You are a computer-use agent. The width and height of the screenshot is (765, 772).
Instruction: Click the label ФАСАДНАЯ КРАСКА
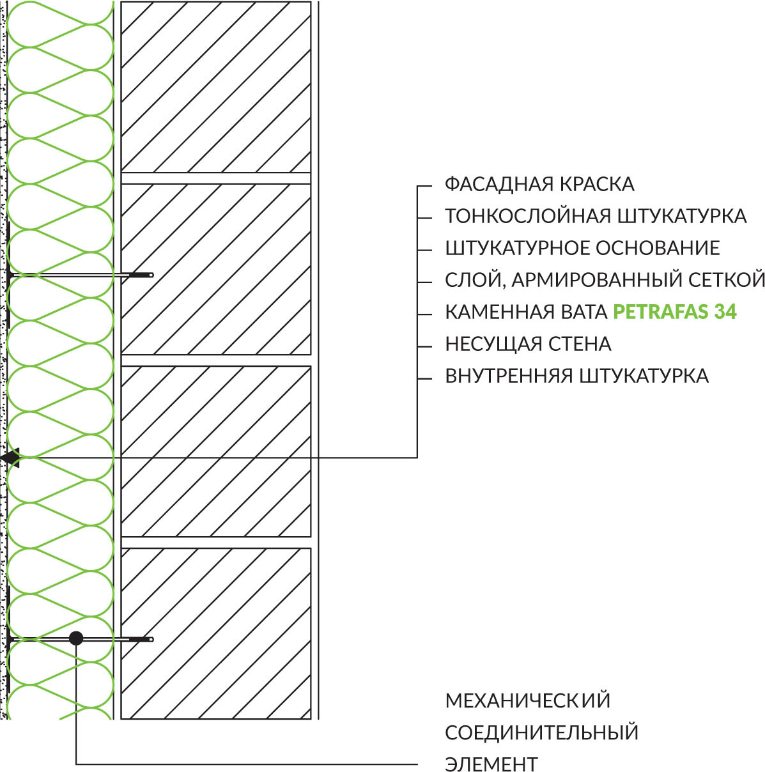539,184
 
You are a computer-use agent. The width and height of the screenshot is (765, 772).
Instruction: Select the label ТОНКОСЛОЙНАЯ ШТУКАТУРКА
596,217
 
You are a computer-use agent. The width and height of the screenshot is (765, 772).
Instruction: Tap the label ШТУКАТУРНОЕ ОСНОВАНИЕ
583,248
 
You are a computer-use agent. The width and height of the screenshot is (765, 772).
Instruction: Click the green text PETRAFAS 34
675,312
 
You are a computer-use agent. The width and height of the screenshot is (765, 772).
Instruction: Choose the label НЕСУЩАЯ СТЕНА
528,344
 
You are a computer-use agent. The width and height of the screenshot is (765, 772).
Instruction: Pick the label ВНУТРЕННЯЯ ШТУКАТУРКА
577,376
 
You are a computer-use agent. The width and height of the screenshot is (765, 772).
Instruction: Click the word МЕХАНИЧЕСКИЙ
528,700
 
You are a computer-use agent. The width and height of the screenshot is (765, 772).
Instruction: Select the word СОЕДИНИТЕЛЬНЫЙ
542,732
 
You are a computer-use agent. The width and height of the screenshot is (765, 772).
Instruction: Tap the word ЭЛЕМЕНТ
491,764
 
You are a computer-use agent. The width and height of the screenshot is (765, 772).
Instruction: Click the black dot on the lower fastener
76,638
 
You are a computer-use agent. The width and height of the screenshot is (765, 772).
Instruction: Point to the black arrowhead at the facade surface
10,458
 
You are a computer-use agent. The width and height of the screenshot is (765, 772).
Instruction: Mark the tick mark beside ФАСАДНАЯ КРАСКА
425,186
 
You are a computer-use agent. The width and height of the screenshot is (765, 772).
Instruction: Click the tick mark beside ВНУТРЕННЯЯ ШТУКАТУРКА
425,378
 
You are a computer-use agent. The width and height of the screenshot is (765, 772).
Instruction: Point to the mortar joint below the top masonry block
216,178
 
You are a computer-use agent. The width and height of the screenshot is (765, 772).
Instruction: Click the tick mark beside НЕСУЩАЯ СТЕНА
425,346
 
